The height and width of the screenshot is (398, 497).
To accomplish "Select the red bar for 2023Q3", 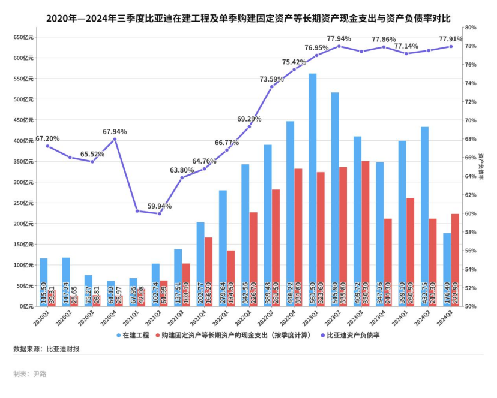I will (366, 233).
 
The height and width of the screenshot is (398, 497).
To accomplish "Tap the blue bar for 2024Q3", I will (447, 269).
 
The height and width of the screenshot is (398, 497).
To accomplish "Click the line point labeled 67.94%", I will (115, 139).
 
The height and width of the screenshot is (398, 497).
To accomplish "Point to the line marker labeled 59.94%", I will (160, 213).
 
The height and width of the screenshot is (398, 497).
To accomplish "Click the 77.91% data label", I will (450, 39).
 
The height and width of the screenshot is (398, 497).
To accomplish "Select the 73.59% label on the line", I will (271, 79).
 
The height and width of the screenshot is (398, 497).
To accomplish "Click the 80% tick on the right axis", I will (470, 28).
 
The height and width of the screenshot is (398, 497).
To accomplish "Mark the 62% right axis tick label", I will (470, 195).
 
